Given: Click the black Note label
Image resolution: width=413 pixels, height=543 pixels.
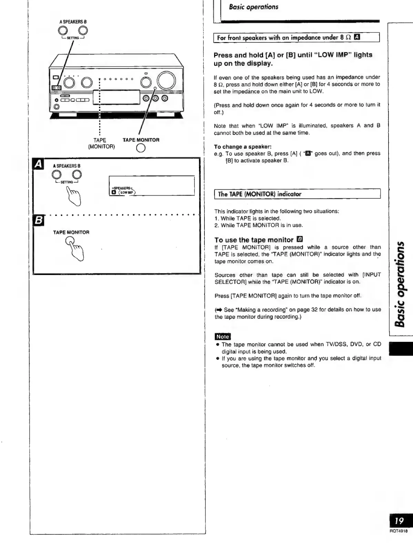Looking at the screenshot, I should point(222,336).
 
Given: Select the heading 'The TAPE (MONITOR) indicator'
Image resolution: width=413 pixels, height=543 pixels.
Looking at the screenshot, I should point(259,194).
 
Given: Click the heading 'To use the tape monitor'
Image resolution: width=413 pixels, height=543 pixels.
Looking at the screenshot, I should point(254,240).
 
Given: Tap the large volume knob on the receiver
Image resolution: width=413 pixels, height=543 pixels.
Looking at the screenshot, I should point(166,80).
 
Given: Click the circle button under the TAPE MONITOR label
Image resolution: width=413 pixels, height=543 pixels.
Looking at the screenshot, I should point(141,148).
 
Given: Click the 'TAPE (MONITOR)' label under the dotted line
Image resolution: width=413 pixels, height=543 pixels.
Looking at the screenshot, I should point(101,143).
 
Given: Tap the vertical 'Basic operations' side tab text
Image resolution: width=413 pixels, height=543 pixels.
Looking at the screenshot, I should point(401,284).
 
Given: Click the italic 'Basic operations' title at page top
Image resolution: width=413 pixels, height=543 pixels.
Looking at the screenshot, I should point(253,7).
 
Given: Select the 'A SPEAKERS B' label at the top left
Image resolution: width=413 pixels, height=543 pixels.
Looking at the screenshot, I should point(72,21).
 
